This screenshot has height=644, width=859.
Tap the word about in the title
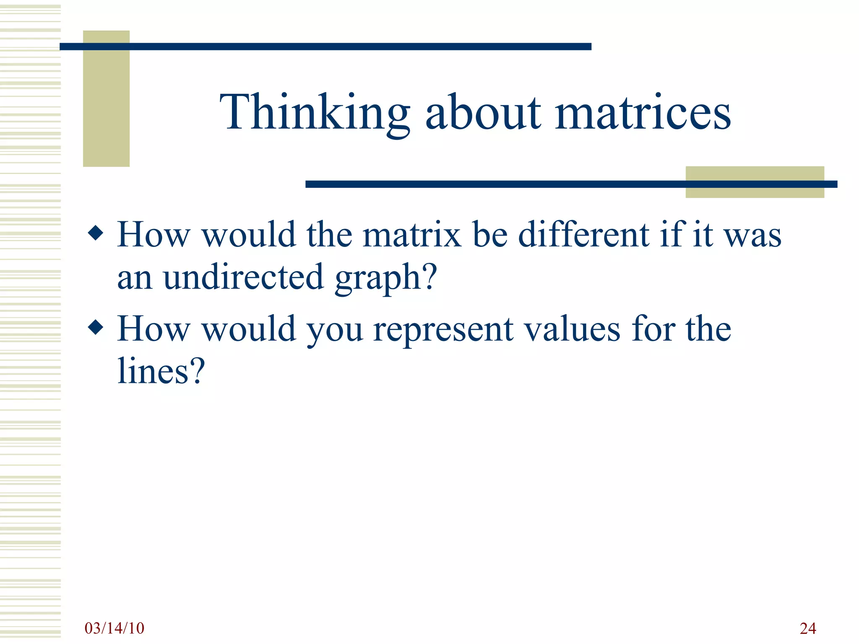pos(483,112)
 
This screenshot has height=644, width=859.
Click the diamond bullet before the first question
pos(96,233)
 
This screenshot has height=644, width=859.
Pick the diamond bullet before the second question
pos(96,327)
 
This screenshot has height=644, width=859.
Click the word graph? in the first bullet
pos(386,278)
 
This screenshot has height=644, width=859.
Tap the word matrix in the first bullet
pos(412,235)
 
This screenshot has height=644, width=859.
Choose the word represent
pos(443,329)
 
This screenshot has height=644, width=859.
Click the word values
pos(573,329)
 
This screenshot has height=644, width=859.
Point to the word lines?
pos(161,371)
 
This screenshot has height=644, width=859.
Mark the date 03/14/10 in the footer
pos(114,628)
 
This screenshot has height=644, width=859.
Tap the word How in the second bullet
pos(154,329)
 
